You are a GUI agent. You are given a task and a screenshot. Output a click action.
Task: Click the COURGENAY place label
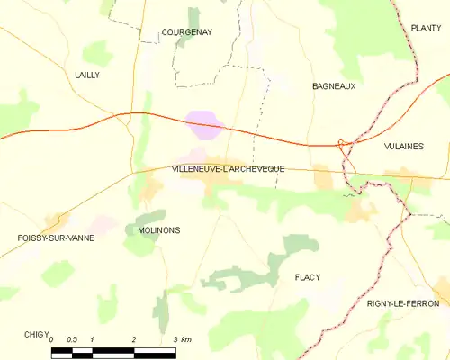186,32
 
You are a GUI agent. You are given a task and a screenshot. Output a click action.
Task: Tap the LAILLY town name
87,76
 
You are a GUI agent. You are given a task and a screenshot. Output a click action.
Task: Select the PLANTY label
425,29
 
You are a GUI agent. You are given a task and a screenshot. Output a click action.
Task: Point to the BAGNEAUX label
334,86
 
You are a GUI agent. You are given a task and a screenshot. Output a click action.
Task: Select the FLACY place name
307,278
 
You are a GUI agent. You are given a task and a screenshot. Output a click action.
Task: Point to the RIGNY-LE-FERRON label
403,304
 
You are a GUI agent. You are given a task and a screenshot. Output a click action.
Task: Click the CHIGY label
37,333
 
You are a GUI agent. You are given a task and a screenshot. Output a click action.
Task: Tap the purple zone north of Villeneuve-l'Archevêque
204,124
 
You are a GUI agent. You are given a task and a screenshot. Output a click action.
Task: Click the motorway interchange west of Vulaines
344,145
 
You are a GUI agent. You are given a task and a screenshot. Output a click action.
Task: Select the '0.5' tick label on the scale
72,339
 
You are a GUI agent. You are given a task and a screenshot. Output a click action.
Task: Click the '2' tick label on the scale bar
134,339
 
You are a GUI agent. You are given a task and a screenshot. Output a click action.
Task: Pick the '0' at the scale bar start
52,339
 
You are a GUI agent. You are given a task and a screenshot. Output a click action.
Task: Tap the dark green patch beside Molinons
147,218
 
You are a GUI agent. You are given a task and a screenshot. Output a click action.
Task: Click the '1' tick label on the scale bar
93,339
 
